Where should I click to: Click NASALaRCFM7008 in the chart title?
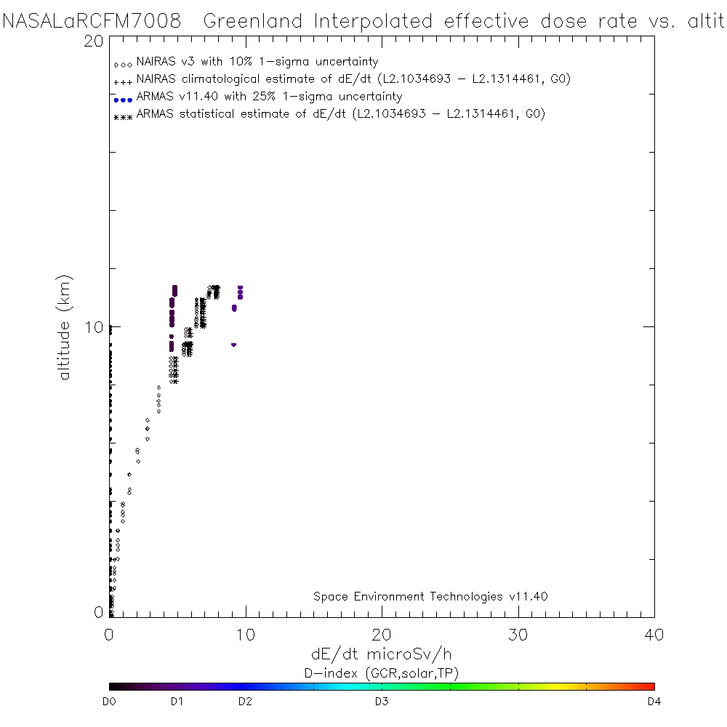point(92,21)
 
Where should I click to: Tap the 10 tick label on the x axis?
point(245,635)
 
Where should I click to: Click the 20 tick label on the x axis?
point(382,635)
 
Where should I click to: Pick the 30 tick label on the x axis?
point(518,635)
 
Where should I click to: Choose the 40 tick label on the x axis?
point(654,635)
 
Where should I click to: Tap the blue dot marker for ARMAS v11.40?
point(122,100)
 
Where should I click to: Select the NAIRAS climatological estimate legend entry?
point(353,79)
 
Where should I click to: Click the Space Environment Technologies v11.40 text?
point(430,597)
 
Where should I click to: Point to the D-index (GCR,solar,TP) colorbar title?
point(382,672)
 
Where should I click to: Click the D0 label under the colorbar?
point(111,702)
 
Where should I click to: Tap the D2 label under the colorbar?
point(246,702)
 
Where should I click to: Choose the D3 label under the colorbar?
point(382,702)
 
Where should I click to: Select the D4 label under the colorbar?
point(653,702)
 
